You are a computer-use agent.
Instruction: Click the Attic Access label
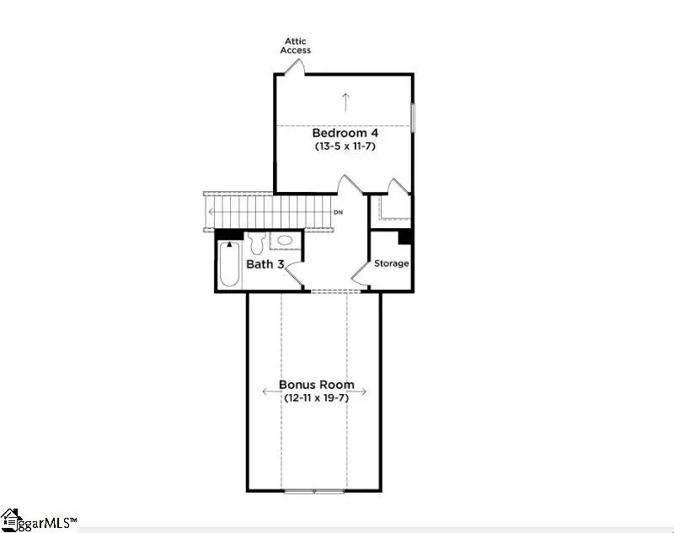(297, 45)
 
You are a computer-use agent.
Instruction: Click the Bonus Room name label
(317, 385)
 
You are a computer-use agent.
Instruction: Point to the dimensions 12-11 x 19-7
(316, 397)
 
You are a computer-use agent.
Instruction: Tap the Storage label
(392, 264)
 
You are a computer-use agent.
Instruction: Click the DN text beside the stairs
(339, 212)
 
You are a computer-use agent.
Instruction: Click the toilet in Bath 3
(257, 242)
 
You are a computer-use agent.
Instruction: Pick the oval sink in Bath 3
(286, 241)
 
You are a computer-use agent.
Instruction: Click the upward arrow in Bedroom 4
(345, 101)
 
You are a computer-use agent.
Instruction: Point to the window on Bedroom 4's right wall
(413, 117)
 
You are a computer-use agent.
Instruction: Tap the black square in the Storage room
(404, 237)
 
